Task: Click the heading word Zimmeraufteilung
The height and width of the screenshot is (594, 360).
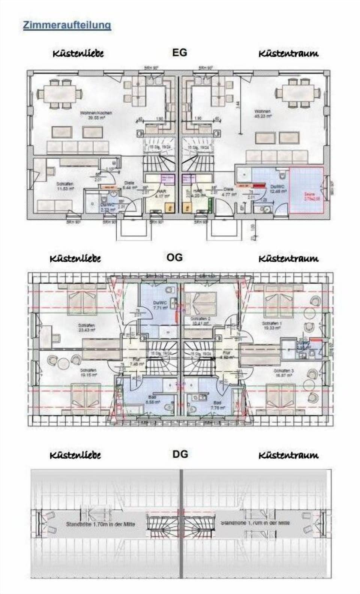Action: tap(67, 25)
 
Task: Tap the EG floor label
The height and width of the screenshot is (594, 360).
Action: tap(179, 52)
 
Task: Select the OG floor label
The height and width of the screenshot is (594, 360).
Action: tap(174, 257)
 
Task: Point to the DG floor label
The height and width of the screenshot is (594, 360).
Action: tap(180, 454)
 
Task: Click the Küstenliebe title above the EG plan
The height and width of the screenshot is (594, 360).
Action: tap(78, 54)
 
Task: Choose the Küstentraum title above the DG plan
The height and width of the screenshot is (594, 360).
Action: tap(288, 455)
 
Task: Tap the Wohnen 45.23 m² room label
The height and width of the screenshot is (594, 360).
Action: tap(262, 114)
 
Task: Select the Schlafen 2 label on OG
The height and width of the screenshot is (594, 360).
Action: tap(201, 321)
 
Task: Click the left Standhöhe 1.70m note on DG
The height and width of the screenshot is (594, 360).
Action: tap(100, 524)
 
